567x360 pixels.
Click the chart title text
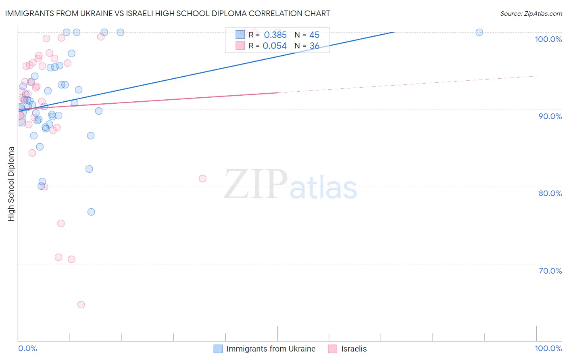pyautogui.click(x=167, y=13)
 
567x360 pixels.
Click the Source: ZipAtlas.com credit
pyautogui.click(x=531, y=13)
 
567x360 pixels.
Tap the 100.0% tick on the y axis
pyautogui.click(x=548, y=39)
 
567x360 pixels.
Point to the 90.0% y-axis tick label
pyautogui.click(x=550, y=116)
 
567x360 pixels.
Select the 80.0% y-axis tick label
pyautogui.click(x=550, y=193)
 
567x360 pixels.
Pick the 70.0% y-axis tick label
pyautogui.click(x=550, y=271)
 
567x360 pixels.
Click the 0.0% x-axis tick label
pyautogui.click(x=27, y=348)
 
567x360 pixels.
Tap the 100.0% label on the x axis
pyautogui.click(x=548, y=348)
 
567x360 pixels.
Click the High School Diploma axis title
pyautogui.click(x=11, y=184)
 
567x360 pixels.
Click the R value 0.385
pyautogui.click(x=275, y=35)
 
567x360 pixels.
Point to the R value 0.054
pyautogui.click(x=274, y=46)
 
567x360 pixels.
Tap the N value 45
pyautogui.click(x=314, y=35)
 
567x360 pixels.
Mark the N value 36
pyautogui.click(x=314, y=46)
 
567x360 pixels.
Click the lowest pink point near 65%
pyautogui.click(x=81, y=305)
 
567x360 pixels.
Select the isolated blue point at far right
pyautogui.click(x=479, y=32)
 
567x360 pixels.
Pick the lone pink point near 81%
pyautogui.click(x=202, y=178)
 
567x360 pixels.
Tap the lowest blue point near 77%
pyautogui.click(x=91, y=212)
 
